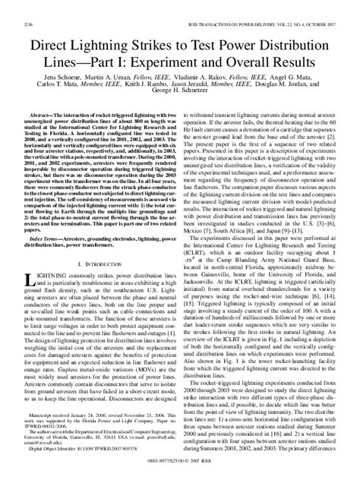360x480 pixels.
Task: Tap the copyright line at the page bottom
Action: coord(180,459)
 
